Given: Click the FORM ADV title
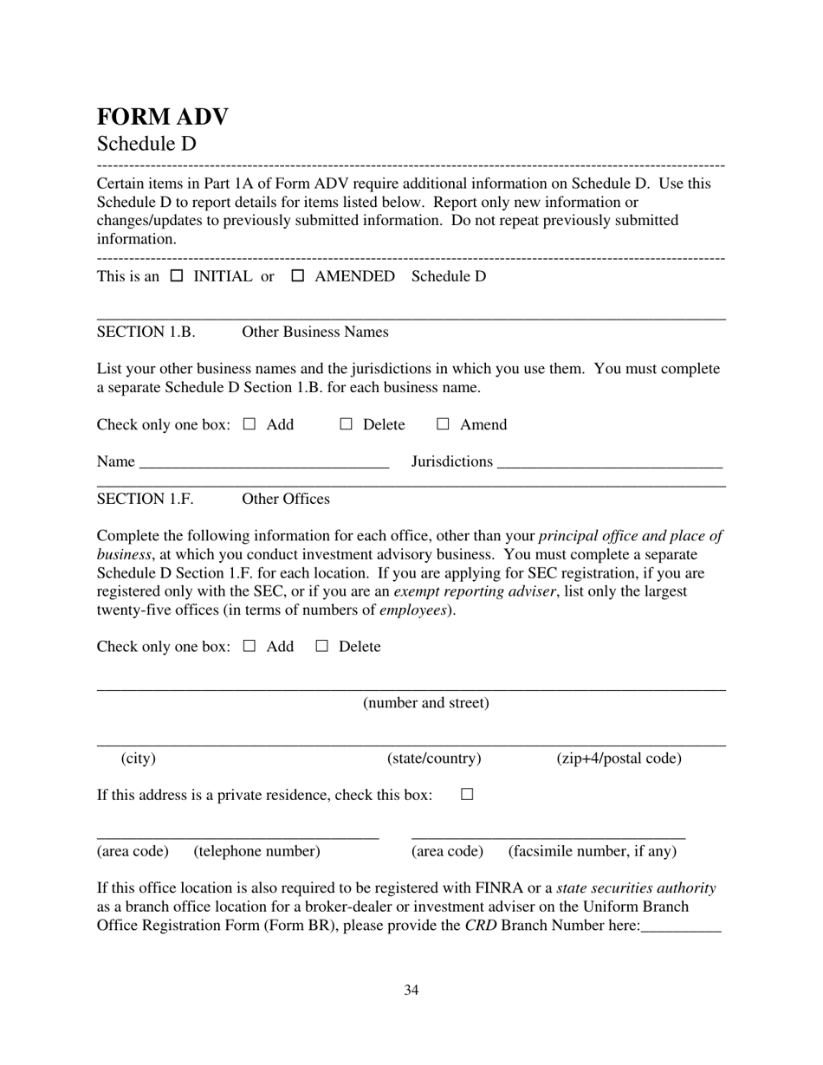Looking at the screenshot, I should [162, 117].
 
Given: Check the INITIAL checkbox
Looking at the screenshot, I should [177, 276].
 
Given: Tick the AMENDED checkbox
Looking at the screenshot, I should [298, 276].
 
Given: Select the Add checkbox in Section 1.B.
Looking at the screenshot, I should [249, 424].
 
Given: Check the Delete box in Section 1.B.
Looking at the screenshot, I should [347, 424].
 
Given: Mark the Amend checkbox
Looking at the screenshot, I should [443, 424].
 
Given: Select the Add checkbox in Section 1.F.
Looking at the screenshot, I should [249, 646].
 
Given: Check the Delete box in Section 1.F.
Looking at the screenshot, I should [322, 646].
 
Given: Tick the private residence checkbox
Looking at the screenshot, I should [468, 794].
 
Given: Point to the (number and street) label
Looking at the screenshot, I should [426, 702].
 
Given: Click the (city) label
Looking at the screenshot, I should [139, 758].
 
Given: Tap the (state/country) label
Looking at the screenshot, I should [434, 758].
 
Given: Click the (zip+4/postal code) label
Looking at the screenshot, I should [619, 758].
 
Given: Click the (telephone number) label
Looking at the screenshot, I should [257, 851].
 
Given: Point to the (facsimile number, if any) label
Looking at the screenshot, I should [593, 851].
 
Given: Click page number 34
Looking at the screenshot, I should [411, 990].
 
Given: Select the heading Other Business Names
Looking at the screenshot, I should [315, 332].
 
